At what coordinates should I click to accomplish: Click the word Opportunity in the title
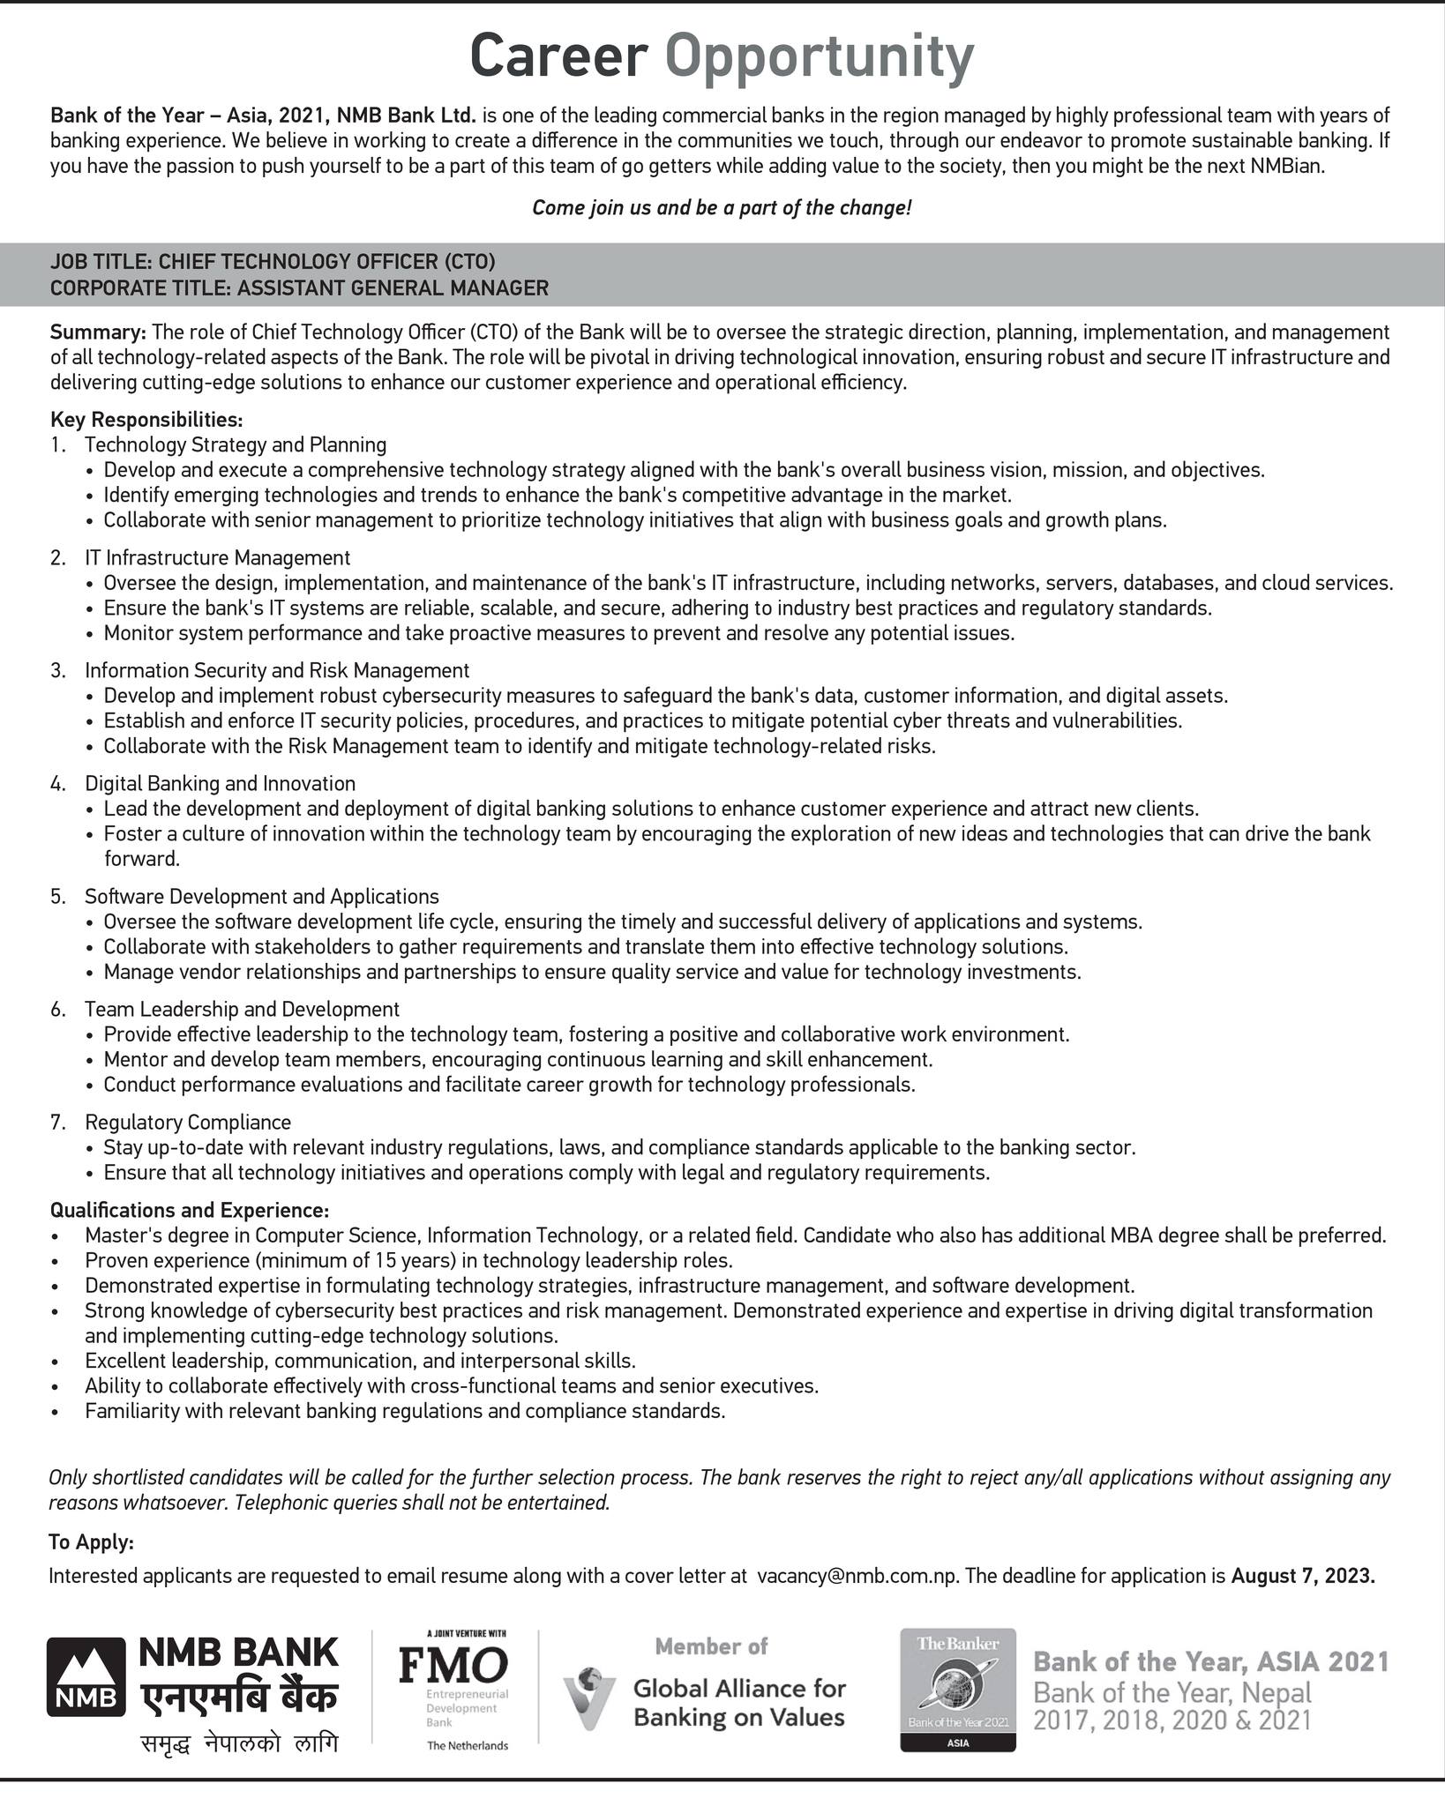[820, 58]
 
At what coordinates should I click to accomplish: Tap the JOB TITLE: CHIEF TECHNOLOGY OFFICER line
[273, 261]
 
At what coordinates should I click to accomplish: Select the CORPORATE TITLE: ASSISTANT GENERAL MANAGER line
[299, 287]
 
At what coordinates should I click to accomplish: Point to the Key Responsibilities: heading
[146, 418]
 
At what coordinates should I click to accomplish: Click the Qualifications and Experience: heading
[189, 1209]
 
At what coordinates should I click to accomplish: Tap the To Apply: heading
[92, 1542]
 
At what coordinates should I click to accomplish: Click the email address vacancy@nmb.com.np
[857, 1576]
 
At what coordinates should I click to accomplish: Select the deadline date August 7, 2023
[1303, 1576]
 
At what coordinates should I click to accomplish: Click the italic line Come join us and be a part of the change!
[722, 208]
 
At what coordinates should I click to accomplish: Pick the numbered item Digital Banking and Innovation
[220, 783]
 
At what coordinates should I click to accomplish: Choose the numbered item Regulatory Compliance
[188, 1122]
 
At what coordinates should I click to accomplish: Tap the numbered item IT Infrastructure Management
[217, 557]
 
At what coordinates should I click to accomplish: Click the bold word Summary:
[98, 332]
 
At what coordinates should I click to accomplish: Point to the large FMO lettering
[453, 1665]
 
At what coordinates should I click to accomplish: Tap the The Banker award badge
[957, 1690]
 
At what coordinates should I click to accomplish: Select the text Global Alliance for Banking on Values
[739, 1702]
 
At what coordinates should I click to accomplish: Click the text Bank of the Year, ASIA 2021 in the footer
[1210, 1661]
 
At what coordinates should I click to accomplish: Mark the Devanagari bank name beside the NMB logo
[237, 1698]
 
